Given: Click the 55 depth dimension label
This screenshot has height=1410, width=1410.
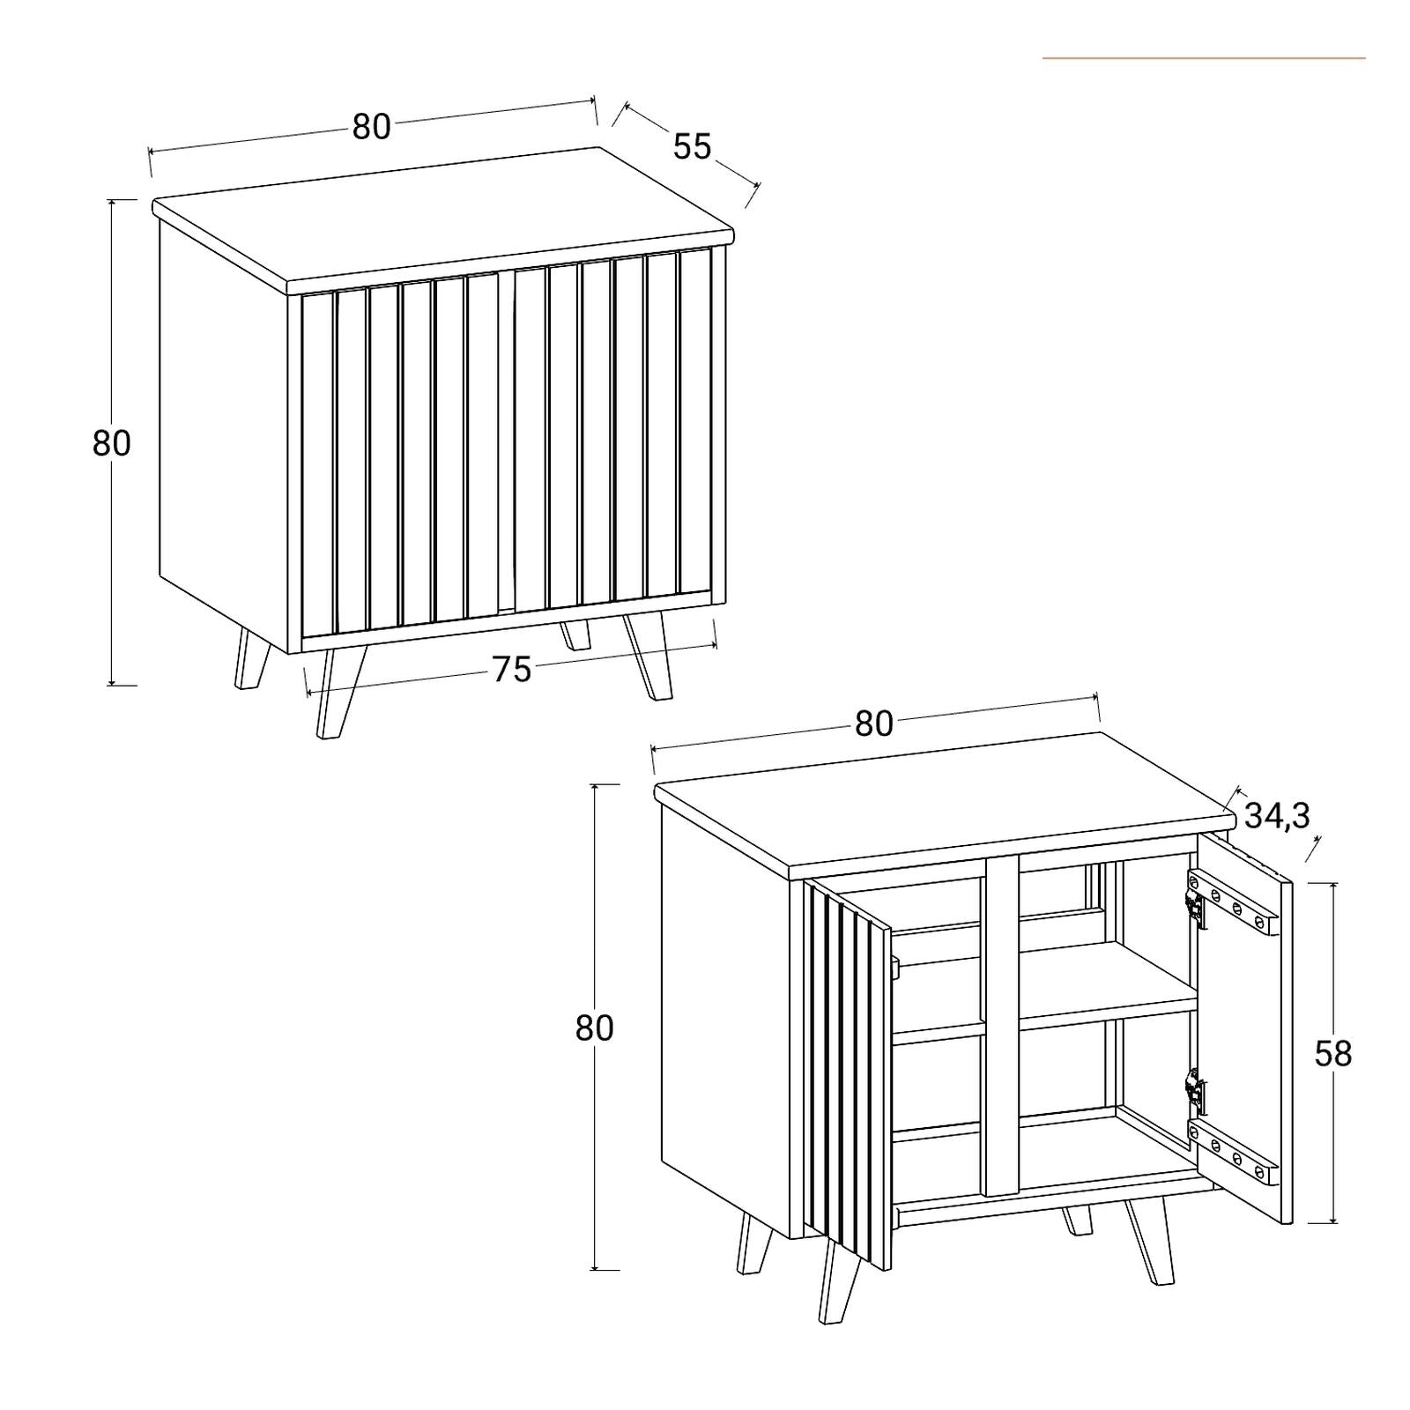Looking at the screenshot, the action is (692, 146).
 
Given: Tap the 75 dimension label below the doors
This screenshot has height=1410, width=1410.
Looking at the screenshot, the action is (512, 670).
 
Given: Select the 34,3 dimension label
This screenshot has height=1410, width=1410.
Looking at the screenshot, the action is (1277, 816).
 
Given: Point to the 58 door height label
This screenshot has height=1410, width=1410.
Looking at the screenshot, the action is (1332, 1053).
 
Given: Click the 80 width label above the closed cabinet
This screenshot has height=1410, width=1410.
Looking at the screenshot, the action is (371, 127).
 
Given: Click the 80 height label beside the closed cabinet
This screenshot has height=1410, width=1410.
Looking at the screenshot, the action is (111, 442).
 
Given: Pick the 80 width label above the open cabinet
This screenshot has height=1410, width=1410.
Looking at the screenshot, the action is (874, 724).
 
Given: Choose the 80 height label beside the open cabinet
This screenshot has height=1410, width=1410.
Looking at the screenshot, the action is (594, 1028).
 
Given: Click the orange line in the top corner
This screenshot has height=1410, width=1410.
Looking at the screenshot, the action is (1204, 58).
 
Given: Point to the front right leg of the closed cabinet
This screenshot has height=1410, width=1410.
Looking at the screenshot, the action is (648, 657).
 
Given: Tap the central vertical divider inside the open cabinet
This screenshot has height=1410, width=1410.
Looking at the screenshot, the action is (1001, 1024).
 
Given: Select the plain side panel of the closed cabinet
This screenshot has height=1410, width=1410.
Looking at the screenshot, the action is (225, 436).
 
